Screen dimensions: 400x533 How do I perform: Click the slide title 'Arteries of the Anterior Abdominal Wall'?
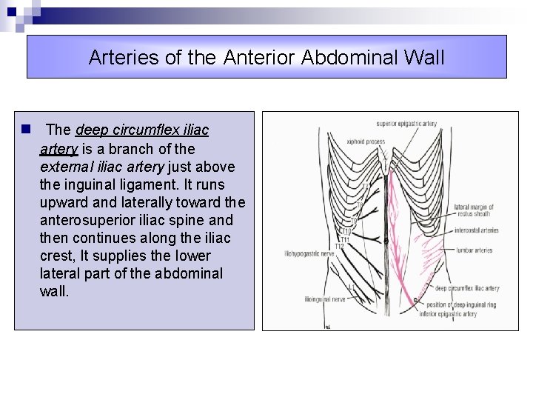[x=266, y=57]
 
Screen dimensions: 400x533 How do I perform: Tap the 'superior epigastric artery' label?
[x=406, y=124]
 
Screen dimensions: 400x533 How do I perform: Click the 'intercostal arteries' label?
[x=476, y=230]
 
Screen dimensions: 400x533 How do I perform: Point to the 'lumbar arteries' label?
[x=473, y=250]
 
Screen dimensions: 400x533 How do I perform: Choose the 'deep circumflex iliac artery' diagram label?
[x=466, y=288]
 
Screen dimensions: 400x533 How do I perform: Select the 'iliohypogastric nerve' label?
[x=310, y=254]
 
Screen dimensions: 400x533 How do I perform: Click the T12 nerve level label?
[x=341, y=246]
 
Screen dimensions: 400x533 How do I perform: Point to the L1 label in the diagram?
[x=349, y=286]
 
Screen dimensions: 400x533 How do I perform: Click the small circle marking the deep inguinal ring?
[x=415, y=300]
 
